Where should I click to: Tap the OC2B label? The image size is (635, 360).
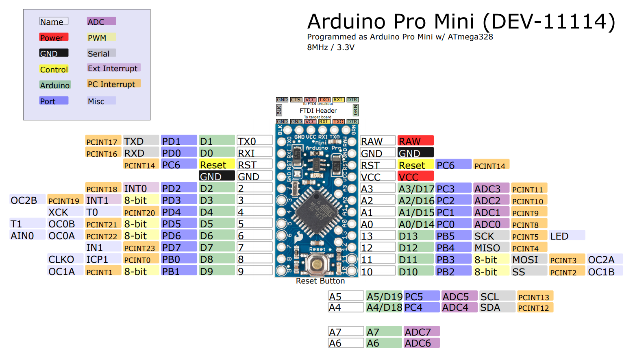click(24, 200)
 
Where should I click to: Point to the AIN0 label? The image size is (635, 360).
click(22, 236)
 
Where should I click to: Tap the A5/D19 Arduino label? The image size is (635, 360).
click(384, 297)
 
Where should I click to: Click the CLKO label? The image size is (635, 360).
click(61, 259)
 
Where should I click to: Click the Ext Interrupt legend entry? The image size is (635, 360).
click(113, 68)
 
